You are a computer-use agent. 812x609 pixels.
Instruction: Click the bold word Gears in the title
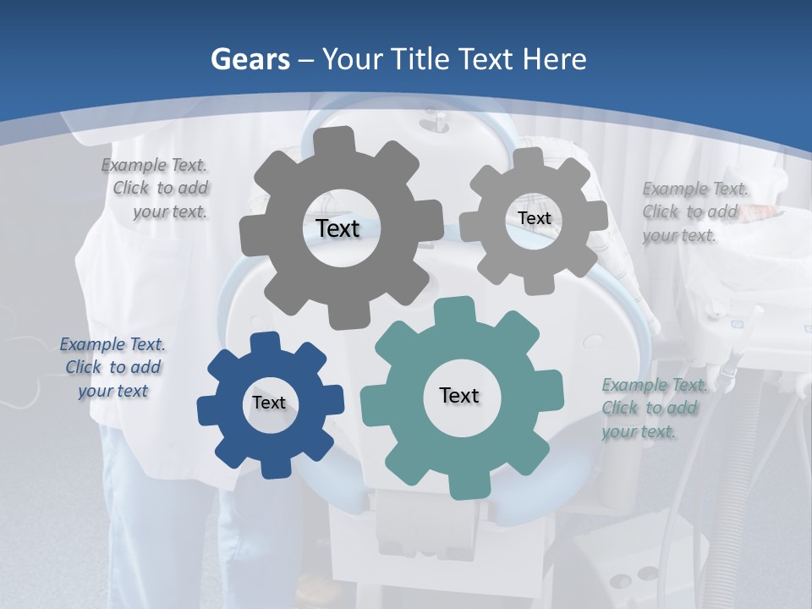coord(249,59)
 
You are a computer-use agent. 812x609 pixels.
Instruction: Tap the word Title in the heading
coord(420,59)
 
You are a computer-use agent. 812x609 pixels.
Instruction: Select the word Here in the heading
coord(554,59)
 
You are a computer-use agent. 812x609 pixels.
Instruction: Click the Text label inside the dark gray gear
coord(337,228)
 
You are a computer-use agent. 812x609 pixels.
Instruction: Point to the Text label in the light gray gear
coord(534,218)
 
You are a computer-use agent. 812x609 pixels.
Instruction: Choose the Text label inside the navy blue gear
coord(269,403)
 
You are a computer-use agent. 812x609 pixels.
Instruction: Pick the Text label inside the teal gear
coord(459,395)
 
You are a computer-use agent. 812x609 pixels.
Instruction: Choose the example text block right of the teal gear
coord(653,409)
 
